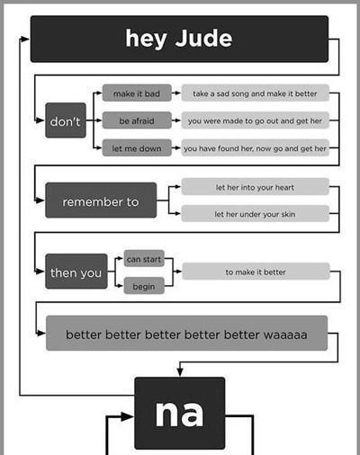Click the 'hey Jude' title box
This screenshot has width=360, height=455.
tap(179, 39)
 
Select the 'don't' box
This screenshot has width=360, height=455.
tap(66, 120)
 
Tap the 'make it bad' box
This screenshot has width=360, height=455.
tap(137, 93)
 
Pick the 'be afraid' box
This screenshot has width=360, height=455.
tap(137, 120)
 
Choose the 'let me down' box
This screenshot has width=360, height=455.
tap(137, 147)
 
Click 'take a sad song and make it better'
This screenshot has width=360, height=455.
tap(255, 93)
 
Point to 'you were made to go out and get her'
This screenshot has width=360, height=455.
tap(255, 120)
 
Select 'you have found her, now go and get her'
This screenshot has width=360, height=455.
tap(255, 147)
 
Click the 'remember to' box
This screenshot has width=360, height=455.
tap(101, 200)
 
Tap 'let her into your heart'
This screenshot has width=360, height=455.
tap(255, 186)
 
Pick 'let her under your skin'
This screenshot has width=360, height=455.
tap(255, 213)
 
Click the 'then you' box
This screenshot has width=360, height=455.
tap(76, 272)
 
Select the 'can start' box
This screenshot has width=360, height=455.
tap(144, 258)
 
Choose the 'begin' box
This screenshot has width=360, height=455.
tap(144, 286)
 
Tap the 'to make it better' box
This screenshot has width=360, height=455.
tap(256, 272)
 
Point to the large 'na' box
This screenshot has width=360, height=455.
tap(180, 413)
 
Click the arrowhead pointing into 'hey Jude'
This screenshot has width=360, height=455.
tap(25, 39)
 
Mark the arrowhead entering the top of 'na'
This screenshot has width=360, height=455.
tap(180, 371)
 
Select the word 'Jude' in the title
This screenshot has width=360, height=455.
tap(203, 39)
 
